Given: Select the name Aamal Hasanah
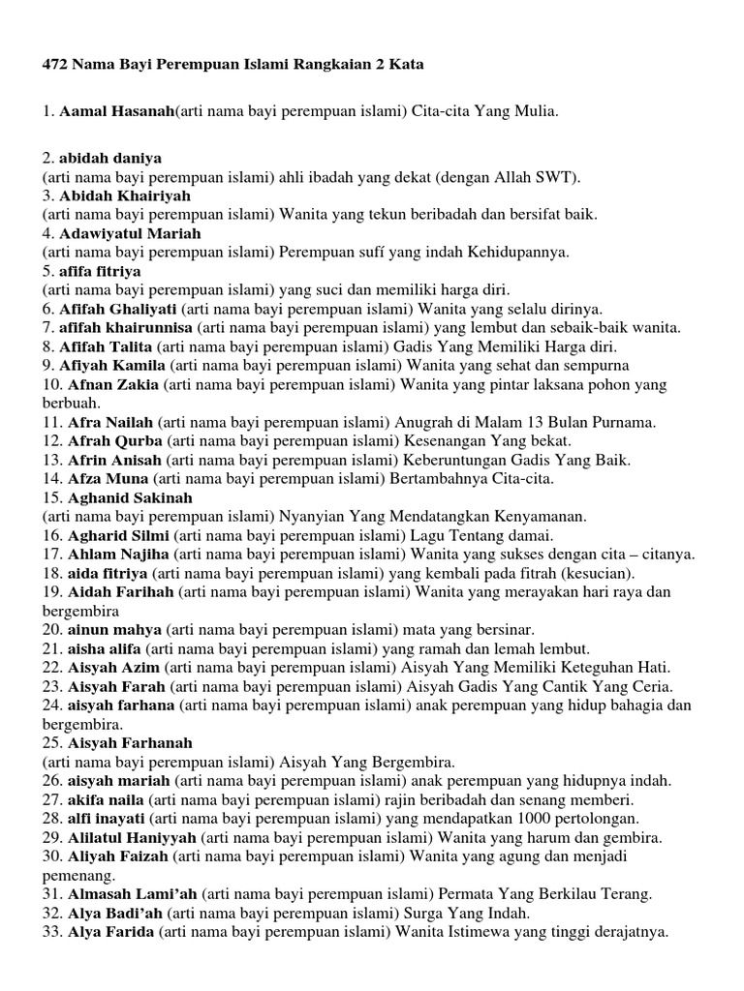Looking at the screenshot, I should tap(116, 112).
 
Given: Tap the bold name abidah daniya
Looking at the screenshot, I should tap(110, 158).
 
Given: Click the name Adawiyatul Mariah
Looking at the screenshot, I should tap(130, 233).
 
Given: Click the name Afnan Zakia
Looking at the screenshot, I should tap(112, 384).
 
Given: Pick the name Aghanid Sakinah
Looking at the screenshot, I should tap(130, 497).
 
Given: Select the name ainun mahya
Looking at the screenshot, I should tap(114, 630).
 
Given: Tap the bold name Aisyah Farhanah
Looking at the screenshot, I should tap(130, 743).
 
